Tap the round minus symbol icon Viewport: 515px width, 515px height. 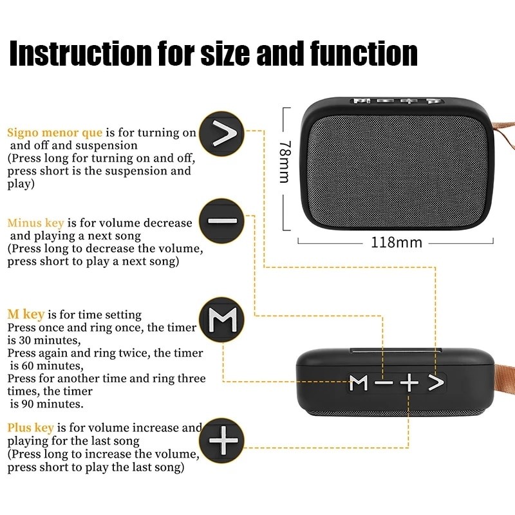click(222, 221)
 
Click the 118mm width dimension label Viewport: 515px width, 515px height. click(396, 243)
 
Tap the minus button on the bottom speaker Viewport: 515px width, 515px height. click(384, 383)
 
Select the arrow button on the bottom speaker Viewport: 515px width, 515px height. click(436, 382)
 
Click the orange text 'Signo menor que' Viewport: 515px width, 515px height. click(55, 133)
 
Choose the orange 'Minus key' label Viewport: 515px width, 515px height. click(35, 223)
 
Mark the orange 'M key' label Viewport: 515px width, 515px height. click(26, 314)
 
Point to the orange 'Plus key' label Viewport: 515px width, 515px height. click(30, 427)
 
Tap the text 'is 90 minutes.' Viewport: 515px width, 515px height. click(46, 404)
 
